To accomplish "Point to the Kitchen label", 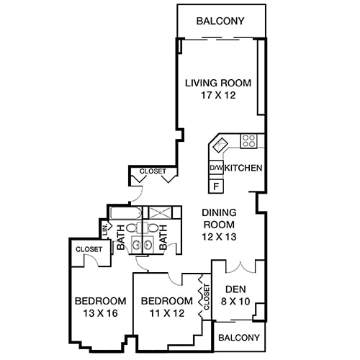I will (243, 168).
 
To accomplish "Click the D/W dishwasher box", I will (215, 168).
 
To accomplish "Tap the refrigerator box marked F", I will (215, 185).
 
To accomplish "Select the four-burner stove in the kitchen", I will (249, 141).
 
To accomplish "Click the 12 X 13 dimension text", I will (220, 236).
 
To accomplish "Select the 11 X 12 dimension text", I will (166, 313).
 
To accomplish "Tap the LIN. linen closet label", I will (105, 232).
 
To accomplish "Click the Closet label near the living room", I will (152, 171).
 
